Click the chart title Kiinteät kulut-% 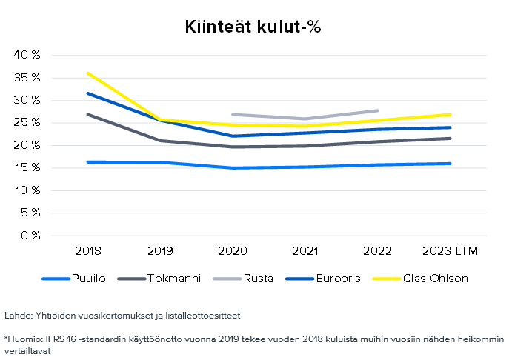pyautogui.click(x=253, y=27)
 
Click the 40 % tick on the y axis pyautogui.click(x=28, y=55)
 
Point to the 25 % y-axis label pyautogui.click(x=28, y=123)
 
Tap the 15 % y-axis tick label pyautogui.click(x=28, y=168)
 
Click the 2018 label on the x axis pyautogui.click(x=87, y=251)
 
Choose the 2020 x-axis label pyautogui.click(x=233, y=251)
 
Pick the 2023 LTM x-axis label pyautogui.click(x=450, y=251)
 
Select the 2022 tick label pyautogui.click(x=378, y=251)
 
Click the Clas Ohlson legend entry pyautogui.click(x=436, y=279)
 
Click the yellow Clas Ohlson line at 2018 pyautogui.click(x=88, y=73)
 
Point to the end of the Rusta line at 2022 pyautogui.click(x=378, y=110)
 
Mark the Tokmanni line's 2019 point pyautogui.click(x=160, y=141)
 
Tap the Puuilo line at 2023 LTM pyautogui.click(x=450, y=164)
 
